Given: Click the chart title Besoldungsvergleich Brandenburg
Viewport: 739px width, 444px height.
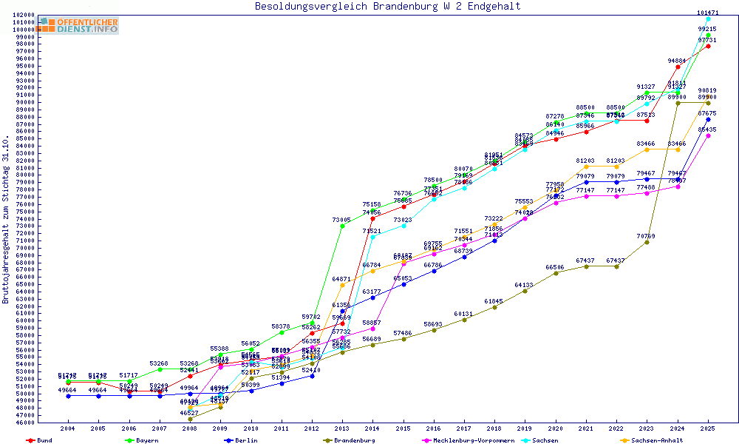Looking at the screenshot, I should click(387, 7).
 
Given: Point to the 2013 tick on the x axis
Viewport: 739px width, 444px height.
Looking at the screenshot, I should click(342, 428).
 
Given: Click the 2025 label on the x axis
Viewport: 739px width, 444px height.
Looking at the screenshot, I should click(708, 428).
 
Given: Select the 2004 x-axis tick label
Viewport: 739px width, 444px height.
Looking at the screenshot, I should click(68, 428).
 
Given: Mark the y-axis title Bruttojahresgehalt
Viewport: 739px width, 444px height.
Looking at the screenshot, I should click(6, 220).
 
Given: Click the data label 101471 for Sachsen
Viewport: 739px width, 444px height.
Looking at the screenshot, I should click(708, 13).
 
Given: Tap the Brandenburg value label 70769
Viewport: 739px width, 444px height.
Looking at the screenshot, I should click(647, 236).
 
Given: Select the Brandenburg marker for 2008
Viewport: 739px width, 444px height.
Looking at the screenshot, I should click(191, 419).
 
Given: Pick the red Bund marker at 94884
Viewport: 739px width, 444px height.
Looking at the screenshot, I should click(678, 67).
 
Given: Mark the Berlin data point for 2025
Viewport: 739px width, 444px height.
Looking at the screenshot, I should click(708, 119).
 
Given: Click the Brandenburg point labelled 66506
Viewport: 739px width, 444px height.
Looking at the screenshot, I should click(556, 272).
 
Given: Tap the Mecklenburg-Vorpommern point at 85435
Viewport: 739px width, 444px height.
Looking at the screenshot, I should click(708, 135).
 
